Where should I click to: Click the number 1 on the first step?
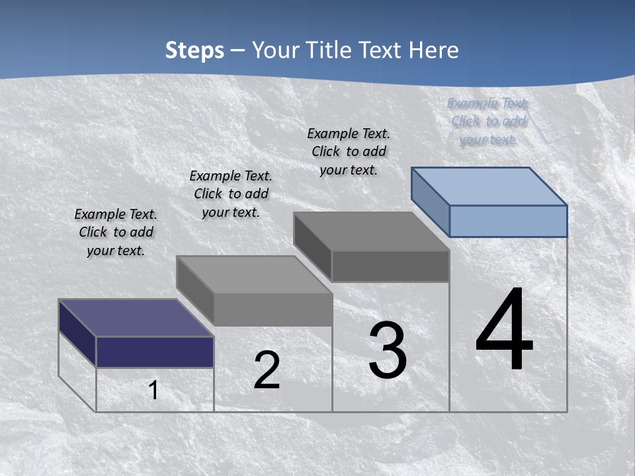click(x=153, y=390)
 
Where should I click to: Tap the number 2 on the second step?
click(x=267, y=370)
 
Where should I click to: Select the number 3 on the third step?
click(x=388, y=350)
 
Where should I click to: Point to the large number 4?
click(x=504, y=330)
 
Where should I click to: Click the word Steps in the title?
click(x=194, y=50)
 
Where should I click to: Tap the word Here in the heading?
click(x=433, y=50)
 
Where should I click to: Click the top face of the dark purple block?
click(x=136, y=318)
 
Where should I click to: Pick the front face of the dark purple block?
click(x=155, y=352)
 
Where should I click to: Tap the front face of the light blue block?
click(x=508, y=221)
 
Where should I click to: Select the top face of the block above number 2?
click(x=255, y=274)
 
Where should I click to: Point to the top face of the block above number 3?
click(x=372, y=231)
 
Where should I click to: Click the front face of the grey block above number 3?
click(x=390, y=266)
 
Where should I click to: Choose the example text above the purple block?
click(x=116, y=232)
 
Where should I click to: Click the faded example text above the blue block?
click(x=488, y=121)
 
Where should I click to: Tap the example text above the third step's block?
click(x=349, y=151)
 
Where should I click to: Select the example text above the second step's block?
click(x=231, y=194)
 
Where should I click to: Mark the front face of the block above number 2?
click(x=273, y=309)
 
